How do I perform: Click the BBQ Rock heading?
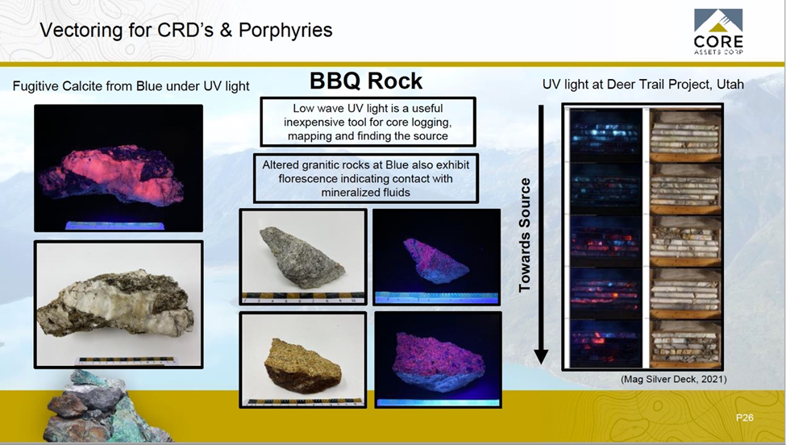(x=366, y=81)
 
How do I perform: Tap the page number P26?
(x=744, y=417)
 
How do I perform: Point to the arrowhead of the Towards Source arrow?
(x=541, y=356)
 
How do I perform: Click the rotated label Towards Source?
(x=524, y=235)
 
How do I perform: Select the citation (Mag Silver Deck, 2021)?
(x=673, y=379)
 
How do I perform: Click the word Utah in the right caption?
(x=730, y=84)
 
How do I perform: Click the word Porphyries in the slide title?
(x=285, y=31)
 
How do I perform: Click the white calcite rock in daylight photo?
(x=116, y=302)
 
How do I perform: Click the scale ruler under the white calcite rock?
(x=127, y=361)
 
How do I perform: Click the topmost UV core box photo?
(x=606, y=135)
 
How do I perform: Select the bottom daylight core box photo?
(x=685, y=343)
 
